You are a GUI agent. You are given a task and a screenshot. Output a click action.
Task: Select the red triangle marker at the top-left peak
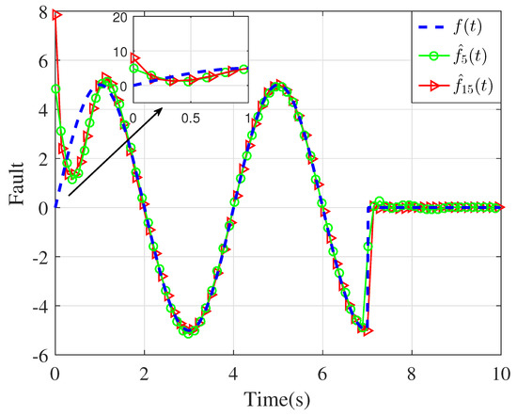pyautogui.click(x=56, y=15)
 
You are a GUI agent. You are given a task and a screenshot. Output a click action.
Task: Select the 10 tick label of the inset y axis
pyautogui.click(x=117, y=53)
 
